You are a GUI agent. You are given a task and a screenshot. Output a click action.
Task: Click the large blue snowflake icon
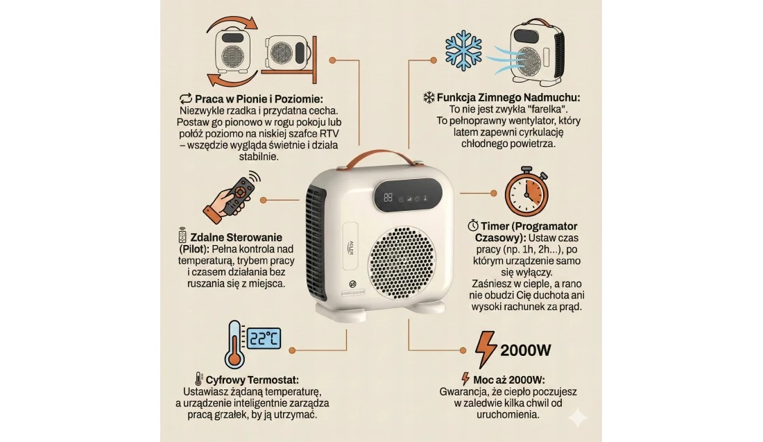click(x=463, y=50)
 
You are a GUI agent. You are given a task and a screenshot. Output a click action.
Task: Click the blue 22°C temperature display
click(x=264, y=338)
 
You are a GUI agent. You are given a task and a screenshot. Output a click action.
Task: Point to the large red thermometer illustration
click(x=234, y=345)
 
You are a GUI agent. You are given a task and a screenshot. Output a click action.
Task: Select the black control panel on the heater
click(x=407, y=194)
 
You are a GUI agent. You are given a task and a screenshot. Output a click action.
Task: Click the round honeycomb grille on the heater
click(x=402, y=264)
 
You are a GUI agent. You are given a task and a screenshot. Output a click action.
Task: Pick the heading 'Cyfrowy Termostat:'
click(x=252, y=380)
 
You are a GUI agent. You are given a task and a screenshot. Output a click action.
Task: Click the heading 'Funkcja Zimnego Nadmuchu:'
click(x=508, y=97)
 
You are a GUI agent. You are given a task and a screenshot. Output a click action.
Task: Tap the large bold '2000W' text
click(x=526, y=350)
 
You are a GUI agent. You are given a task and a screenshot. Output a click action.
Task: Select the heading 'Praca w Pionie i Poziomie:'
click(x=259, y=99)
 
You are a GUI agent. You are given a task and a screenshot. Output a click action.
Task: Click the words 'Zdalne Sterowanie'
click(x=236, y=237)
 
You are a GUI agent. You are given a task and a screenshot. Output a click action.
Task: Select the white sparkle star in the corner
click(x=578, y=417)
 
